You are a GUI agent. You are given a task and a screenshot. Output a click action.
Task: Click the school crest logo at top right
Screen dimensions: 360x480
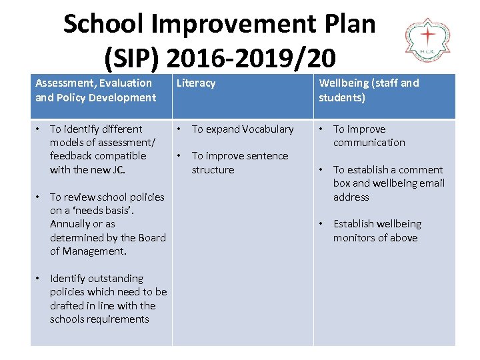[428, 41]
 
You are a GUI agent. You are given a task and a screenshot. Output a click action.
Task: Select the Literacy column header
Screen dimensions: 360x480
[195, 83]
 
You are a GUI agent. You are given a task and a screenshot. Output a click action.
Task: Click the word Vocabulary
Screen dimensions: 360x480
[268, 129]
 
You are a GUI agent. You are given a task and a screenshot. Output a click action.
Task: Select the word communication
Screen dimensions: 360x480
[369, 143]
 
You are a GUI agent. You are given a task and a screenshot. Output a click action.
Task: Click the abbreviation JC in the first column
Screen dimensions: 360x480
[118, 170]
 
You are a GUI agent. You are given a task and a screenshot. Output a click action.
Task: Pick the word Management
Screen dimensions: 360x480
[94, 251]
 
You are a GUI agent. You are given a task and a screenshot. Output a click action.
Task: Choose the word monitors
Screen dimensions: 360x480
[354, 238]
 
